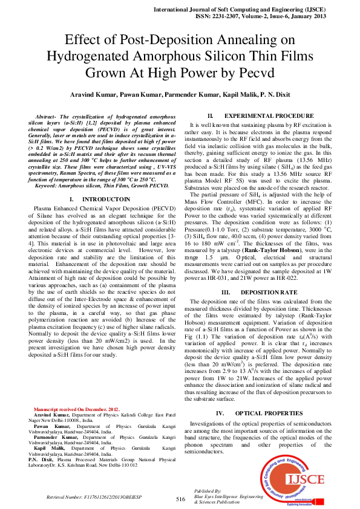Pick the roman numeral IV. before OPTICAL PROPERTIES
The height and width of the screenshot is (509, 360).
click(x=221, y=413)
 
